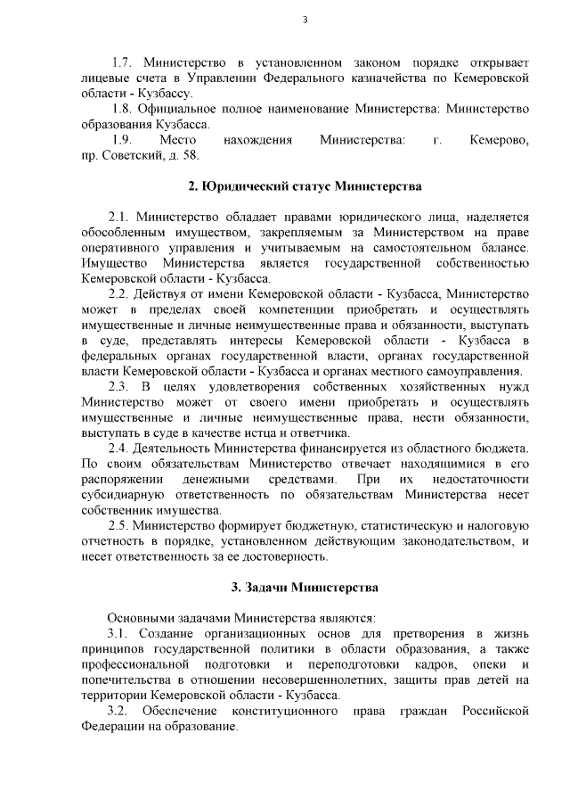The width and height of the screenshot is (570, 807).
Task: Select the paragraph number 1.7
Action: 122,63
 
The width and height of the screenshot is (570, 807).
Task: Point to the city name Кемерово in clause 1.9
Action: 499,140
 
